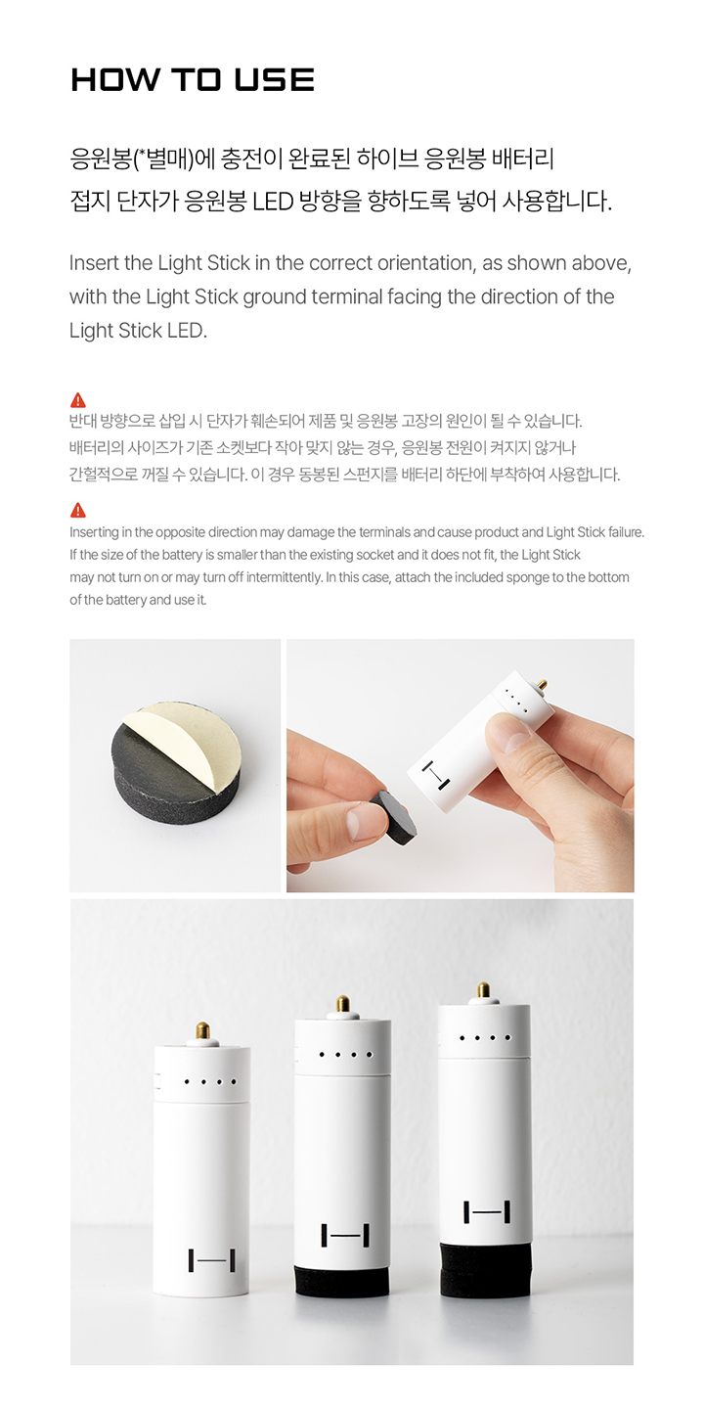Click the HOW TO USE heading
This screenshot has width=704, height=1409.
pos(193,80)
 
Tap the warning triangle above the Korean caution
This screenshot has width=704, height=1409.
pos(78,400)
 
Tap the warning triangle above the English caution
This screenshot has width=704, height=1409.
pos(78,510)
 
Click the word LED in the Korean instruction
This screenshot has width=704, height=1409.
pos(273,202)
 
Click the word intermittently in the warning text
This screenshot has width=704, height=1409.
pos(285,577)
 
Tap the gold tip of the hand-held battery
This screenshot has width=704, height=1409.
pos(542,685)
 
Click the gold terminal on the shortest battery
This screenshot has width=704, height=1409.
pos(202,1031)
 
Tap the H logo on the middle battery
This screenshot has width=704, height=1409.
pos(345,1236)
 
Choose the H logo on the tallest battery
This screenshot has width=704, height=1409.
pos(487,1211)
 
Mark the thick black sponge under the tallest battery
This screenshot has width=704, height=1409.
pos(486,1267)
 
